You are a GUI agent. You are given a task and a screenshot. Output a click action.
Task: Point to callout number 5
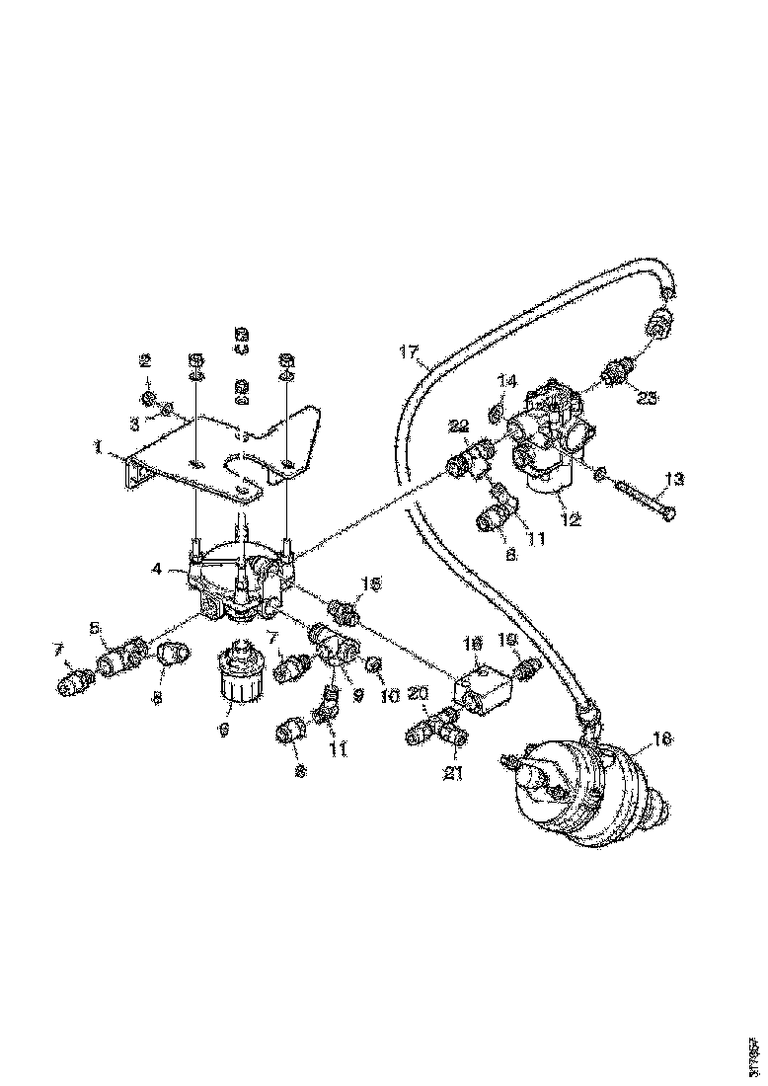(x=96, y=627)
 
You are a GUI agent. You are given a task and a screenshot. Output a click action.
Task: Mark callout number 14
(x=506, y=379)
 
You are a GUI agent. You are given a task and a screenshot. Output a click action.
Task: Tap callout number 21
(x=453, y=773)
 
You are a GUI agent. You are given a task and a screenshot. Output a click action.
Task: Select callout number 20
(x=418, y=694)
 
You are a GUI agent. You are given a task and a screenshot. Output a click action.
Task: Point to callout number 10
(x=388, y=696)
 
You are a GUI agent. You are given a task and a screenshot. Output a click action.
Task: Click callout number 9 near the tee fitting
(x=358, y=694)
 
